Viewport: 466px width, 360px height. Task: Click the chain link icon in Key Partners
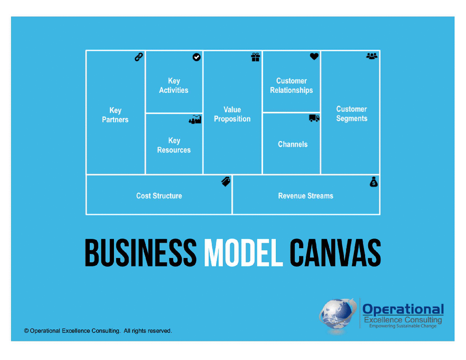[x=139, y=57]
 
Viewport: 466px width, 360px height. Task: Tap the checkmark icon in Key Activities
[x=197, y=57]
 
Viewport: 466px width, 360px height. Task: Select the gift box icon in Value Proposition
[x=255, y=57]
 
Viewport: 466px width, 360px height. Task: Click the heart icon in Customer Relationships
[x=314, y=56]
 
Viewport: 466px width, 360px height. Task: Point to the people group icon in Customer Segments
[x=372, y=56]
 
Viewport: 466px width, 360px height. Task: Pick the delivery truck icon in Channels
[x=314, y=119]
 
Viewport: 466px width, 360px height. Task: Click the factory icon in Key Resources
[x=195, y=120]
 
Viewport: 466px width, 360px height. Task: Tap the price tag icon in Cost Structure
[x=226, y=182]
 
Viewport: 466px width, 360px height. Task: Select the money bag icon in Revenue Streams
[x=374, y=182]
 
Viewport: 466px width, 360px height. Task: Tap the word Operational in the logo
[x=403, y=309]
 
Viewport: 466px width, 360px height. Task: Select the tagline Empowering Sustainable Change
[x=402, y=326]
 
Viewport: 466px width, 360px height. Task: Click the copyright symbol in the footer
[x=26, y=331]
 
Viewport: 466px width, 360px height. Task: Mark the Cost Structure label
[x=159, y=196]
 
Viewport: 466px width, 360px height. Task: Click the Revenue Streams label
[x=305, y=196]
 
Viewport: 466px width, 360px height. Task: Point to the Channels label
[x=292, y=144]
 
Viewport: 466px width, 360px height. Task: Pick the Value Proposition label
[x=232, y=114]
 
